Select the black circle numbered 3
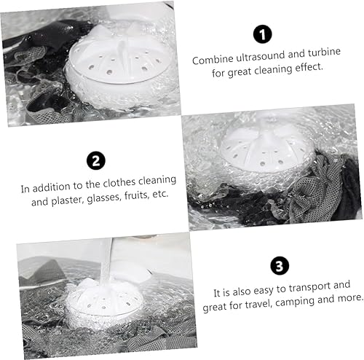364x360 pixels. (x=277, y=263)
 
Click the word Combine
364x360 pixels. (x=211, y=60)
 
